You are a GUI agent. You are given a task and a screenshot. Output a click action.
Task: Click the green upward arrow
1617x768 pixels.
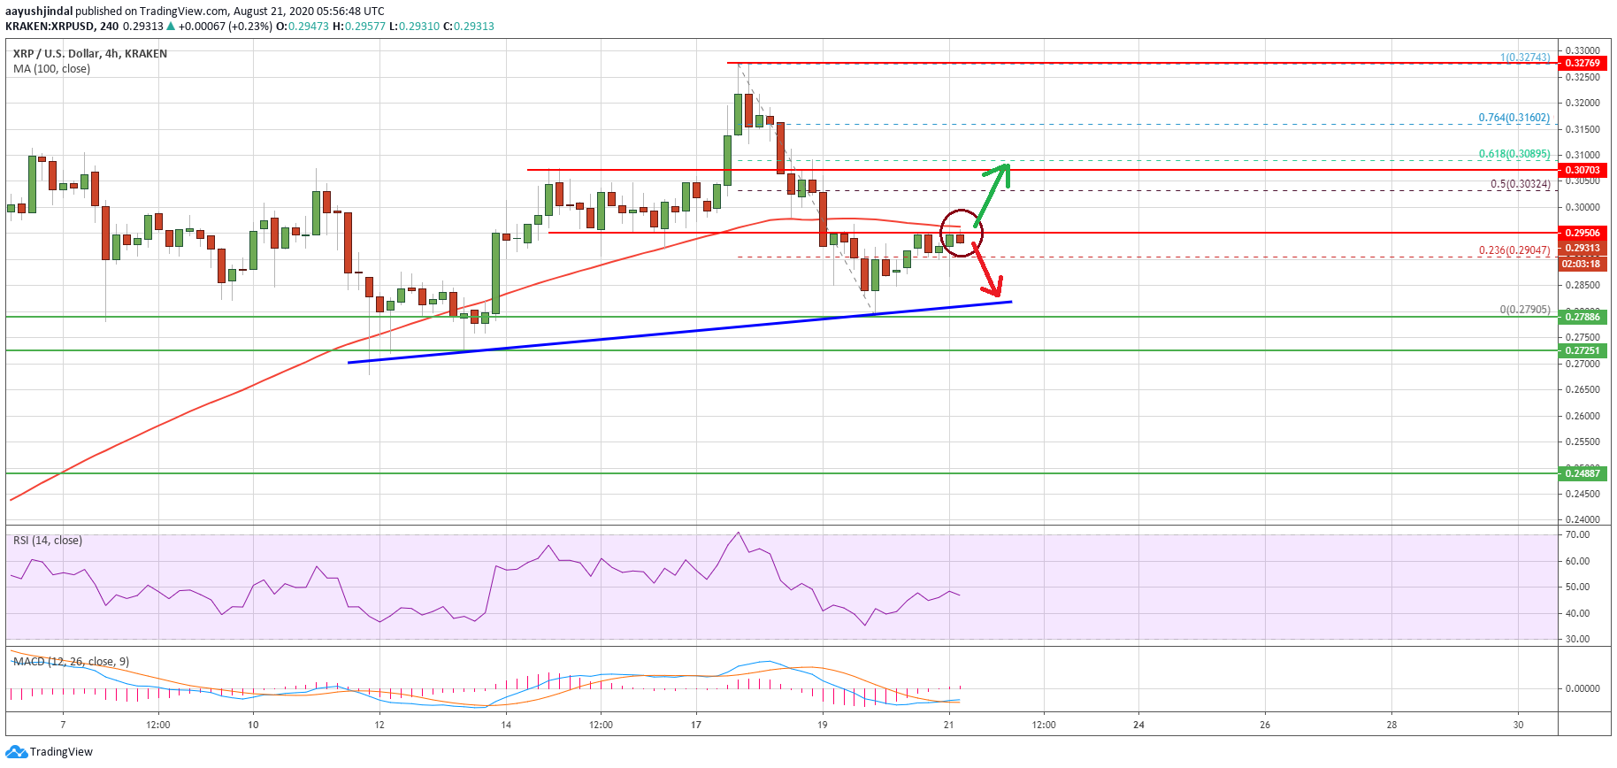click(992, 194)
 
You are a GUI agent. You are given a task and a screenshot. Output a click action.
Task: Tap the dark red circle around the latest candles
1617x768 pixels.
click(962, 233)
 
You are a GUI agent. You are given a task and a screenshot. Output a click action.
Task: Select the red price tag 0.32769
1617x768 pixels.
click(1583, 63)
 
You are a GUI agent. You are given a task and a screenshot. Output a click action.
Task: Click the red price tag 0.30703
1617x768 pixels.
click(1583, 170)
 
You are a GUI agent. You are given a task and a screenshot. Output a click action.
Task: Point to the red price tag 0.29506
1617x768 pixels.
click(1583, 233)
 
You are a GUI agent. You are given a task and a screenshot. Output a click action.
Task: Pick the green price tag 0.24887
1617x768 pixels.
click(1583, 473)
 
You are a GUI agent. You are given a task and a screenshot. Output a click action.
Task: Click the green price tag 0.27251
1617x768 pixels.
click(1583, 350)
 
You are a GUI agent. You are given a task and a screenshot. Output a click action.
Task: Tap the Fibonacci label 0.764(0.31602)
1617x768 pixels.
click(1514, 118)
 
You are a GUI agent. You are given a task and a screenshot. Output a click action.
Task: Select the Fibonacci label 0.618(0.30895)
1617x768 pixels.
click(1514, 154)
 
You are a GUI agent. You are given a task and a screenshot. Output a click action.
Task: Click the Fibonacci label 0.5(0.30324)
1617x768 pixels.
click(1520, 184)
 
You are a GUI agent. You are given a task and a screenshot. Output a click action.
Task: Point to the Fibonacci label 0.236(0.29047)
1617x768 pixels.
click(1514, 250)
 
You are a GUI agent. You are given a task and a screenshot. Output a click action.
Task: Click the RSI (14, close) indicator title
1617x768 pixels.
click(48, 541)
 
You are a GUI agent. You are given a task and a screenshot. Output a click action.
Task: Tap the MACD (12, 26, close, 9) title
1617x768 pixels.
click(71, 662)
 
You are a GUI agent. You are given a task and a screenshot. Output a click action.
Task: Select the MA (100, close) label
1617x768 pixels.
click(51, 69)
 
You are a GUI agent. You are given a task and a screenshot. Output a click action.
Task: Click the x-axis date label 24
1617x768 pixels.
click(1138, 725)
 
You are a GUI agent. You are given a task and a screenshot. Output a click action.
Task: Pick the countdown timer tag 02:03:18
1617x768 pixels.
click(1581, 264)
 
